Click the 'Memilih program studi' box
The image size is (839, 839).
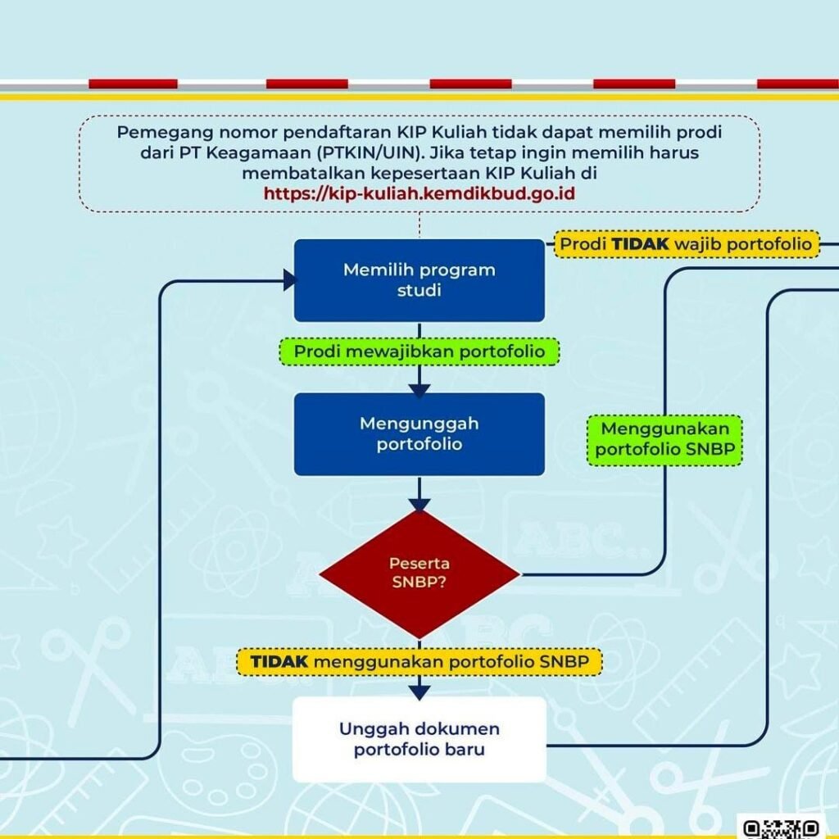point(419,280)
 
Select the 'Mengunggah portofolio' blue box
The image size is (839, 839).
point(419,434)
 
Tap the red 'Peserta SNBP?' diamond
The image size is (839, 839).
point(419,574)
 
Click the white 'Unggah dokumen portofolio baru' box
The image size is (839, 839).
point(419,739)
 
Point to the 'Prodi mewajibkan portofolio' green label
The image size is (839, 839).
point(419,351)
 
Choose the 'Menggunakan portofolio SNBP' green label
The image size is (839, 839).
point(664,439)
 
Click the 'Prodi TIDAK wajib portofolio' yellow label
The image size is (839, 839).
point(687,244)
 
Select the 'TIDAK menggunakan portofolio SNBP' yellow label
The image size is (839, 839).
point(419,661)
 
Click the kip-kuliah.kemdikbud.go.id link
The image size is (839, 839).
point(418,194)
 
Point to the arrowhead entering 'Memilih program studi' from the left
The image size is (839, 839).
point(290,280)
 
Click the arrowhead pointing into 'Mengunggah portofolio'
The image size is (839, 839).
point(419,390)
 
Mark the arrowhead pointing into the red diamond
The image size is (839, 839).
point(419,506)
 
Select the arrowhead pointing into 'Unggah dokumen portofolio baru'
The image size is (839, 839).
point(419,692)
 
